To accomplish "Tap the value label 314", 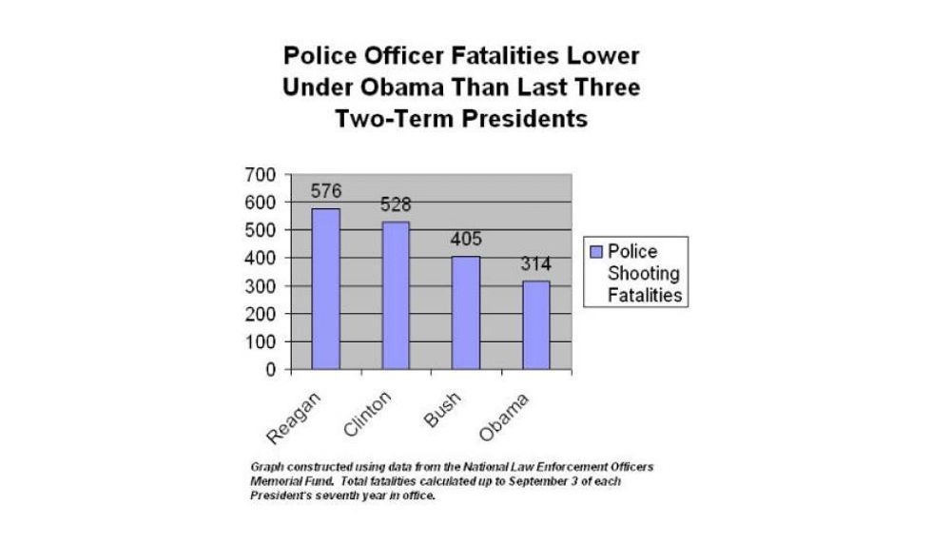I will (535, 263).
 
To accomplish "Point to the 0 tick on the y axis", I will (270, 369).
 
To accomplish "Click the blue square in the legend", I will (596, 252).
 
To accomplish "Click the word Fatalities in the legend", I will (646, 295).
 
